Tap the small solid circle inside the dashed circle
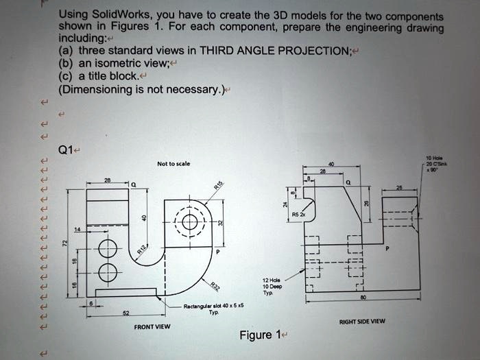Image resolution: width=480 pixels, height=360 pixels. coord(189,222)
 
